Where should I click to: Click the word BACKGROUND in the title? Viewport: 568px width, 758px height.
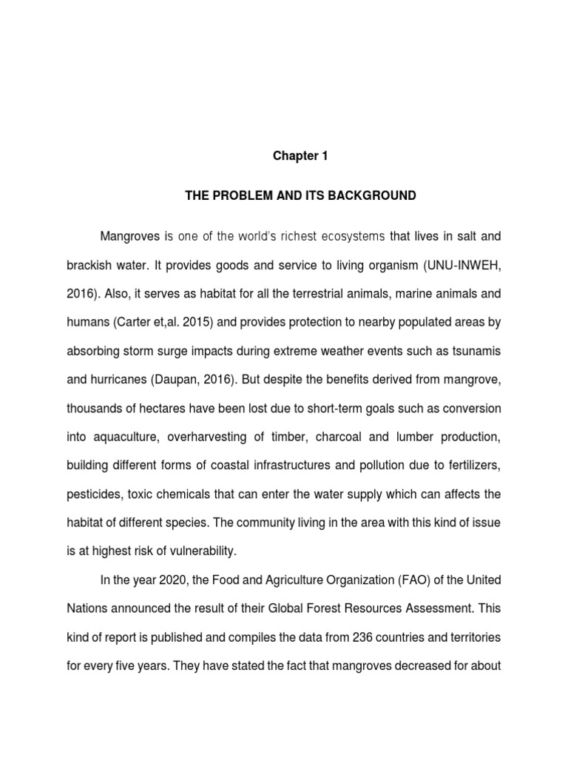point(377,196)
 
